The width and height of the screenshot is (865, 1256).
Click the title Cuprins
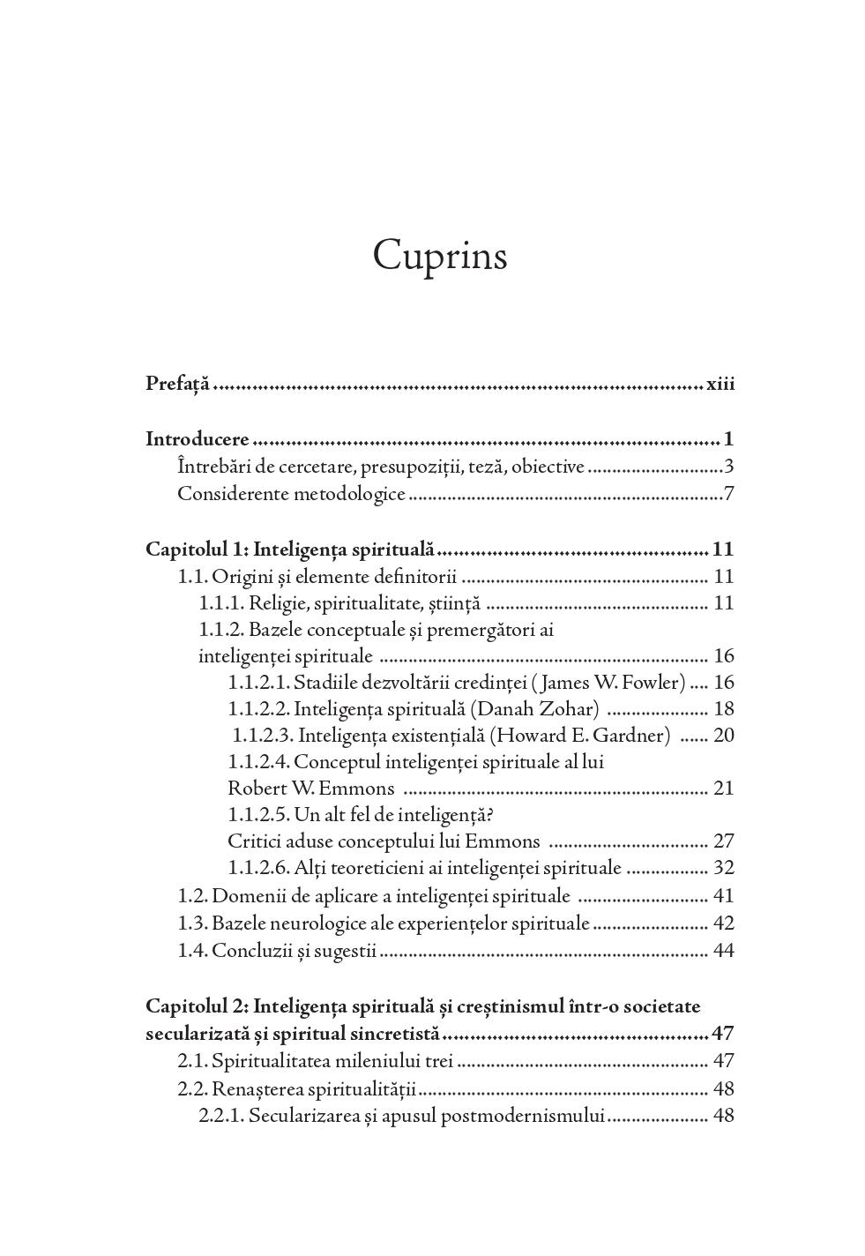(439, 257)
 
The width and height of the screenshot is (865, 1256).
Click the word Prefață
(177, 384)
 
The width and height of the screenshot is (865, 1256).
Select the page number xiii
(720, 384)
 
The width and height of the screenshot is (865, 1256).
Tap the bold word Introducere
(198, 438)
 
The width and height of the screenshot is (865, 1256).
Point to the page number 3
(729, 466)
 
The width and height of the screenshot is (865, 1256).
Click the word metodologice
(351, 493)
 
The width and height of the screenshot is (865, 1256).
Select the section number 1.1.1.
(220, 603)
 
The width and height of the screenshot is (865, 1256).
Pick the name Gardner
(631, 735)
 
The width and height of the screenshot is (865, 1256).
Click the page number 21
(723, 788)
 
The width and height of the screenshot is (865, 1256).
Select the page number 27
(723, 841)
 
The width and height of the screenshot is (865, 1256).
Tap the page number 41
(723, 895)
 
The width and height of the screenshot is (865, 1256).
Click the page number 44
(723, 950)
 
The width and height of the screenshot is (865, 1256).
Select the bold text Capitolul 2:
(197, 1006)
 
